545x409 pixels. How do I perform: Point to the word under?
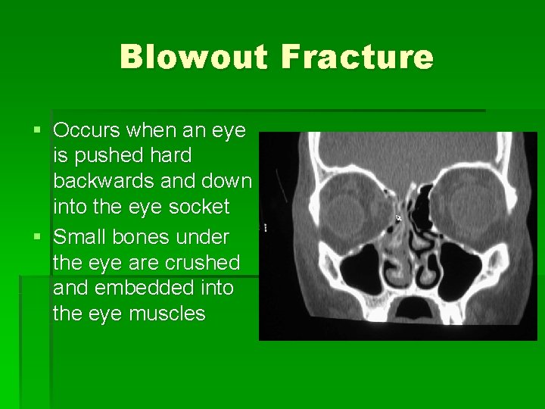[206, 237]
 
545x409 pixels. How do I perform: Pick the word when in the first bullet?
[151, 130]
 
